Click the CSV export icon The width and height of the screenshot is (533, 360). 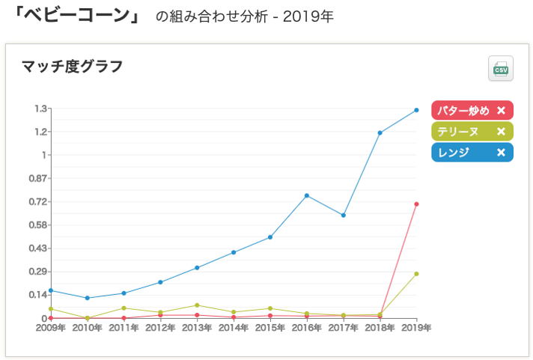pos(500,69)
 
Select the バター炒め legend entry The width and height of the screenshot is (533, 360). pos(463,111)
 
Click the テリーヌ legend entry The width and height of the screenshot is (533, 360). pos(458,132)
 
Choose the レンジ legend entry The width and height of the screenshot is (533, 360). pos(454,153)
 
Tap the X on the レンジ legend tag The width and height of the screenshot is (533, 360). pos(501,153)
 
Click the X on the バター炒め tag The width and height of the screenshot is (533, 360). pos(501,111)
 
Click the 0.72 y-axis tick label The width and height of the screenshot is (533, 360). pos(38,202)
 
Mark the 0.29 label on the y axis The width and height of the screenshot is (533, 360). pos(38,272)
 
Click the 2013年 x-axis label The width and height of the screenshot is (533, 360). pos(197,328)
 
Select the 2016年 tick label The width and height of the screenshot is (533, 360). pos(307,328)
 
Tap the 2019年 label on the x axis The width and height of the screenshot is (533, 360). pos(416,328)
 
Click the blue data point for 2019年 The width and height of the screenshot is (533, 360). pos(416,110)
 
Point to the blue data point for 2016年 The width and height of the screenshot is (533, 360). pos(307,195)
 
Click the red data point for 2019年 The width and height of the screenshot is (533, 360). pos(416,204)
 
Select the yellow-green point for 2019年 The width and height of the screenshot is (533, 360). pos(416,274)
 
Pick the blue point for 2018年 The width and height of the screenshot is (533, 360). pos(380,133)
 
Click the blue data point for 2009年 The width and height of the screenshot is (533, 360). pos(51,290)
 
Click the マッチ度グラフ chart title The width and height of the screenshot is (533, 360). pos(72,67)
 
